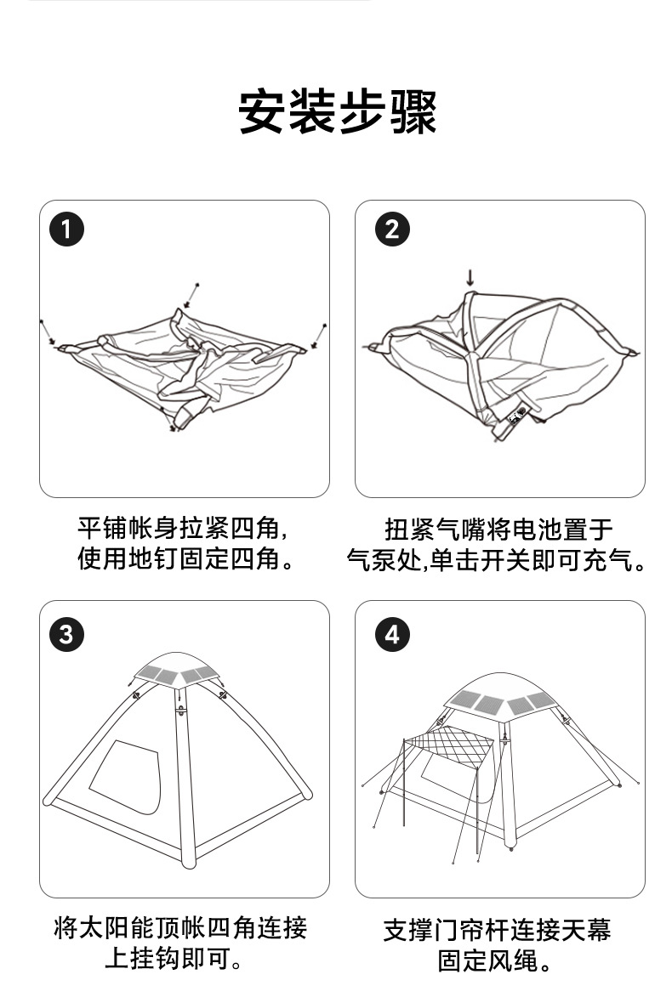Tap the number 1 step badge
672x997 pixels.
66,229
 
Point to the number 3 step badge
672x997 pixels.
66,634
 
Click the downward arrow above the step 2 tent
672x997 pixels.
469,278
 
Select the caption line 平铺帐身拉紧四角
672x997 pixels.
183,529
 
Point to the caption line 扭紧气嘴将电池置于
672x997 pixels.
498,529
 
